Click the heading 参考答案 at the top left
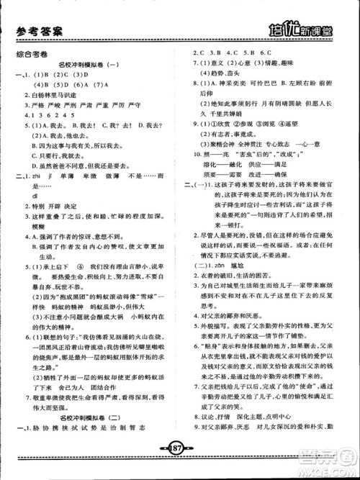click(42, 31)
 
